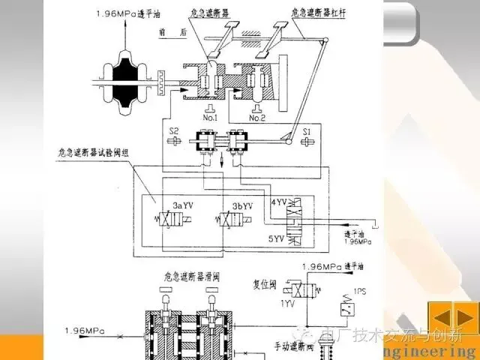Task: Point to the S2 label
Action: point(174,132)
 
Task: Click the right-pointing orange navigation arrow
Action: point(464,315)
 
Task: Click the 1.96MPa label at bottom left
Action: point(82,329)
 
